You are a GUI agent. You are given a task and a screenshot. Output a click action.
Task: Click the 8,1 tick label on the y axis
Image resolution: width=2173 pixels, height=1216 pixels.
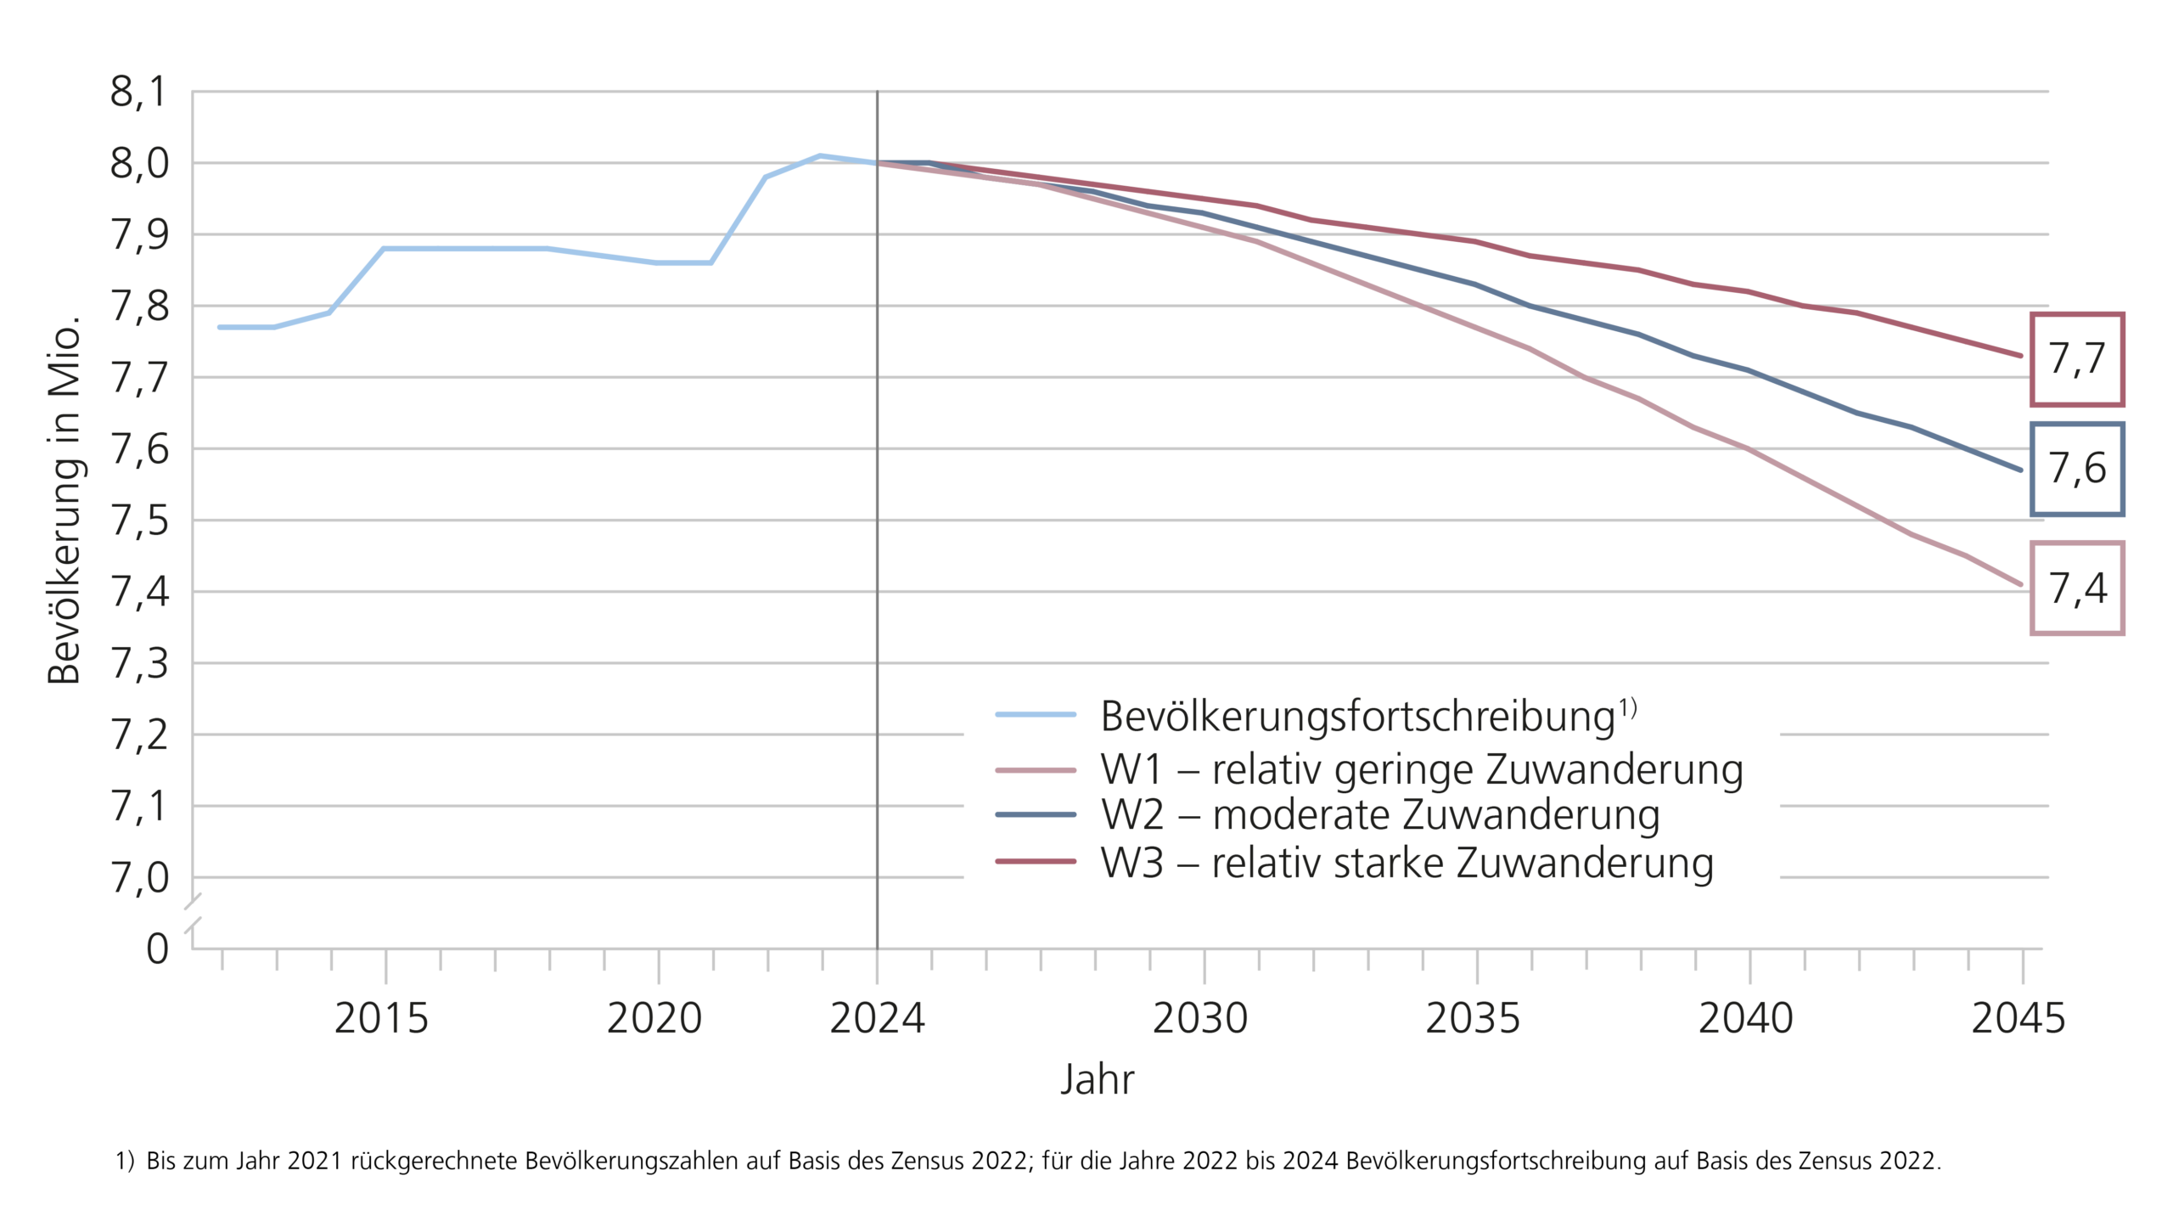click(138, 92)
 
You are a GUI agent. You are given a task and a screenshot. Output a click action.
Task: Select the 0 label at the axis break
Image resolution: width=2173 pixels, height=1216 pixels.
click(157, 949)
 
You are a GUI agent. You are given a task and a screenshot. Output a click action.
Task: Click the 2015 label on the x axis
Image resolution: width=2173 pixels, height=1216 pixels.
click(381, 1018)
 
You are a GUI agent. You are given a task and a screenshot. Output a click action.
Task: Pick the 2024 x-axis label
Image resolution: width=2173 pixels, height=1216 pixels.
click(877, 1018)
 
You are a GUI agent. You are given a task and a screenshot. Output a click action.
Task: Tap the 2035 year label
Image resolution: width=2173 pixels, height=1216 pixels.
click(1473, 1018)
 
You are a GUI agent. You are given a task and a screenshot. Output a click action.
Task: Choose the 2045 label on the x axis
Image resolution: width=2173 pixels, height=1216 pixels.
click(2018, 1018)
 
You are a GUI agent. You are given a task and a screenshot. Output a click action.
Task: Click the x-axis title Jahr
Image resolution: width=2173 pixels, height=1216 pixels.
click(1097, 1079)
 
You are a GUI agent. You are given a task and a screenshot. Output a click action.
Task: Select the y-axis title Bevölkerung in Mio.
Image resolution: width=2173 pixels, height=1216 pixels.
click(65, 501)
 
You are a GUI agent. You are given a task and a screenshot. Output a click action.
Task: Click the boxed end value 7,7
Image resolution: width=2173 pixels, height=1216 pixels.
click(2076, 359)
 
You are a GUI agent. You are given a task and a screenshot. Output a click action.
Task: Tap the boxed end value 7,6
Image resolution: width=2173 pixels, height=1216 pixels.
click(2076, 469)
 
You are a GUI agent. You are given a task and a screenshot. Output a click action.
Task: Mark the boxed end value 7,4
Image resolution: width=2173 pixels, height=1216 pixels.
click(2076, 588)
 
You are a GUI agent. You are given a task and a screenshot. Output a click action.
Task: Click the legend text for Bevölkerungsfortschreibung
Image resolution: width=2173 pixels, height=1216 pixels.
click(1358, 717)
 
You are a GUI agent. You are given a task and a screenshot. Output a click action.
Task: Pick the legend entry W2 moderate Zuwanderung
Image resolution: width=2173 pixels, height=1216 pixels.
click(1379, 815)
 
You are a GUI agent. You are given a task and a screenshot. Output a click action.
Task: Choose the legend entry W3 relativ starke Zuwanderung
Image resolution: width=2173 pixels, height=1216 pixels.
click(1407, 863)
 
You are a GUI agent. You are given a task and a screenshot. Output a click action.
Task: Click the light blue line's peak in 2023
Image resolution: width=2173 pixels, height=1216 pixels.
click(820, 155)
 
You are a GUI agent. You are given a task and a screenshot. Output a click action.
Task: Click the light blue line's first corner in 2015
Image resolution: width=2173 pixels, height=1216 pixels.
click(385, 249)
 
